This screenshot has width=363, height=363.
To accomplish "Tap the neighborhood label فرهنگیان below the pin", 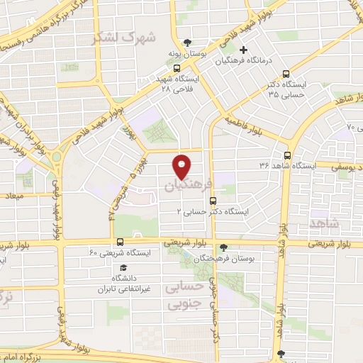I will (x=188, y=186).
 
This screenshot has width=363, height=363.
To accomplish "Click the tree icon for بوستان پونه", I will (x=187, y=43).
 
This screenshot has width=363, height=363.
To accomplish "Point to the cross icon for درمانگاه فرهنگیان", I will (x=244, y=50).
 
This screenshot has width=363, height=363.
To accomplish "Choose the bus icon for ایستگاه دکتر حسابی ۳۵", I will (x=286, y=73).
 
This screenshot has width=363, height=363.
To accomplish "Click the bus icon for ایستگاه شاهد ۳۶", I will (x=287, y=155).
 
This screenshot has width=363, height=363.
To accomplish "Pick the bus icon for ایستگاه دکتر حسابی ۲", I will (x=213, y=201).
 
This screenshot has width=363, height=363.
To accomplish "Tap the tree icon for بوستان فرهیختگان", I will (x=223, y=247).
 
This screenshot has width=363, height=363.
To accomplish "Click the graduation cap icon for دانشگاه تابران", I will (x=125, y=268).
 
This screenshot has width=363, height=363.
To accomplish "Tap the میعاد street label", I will (x=13, y=195).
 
